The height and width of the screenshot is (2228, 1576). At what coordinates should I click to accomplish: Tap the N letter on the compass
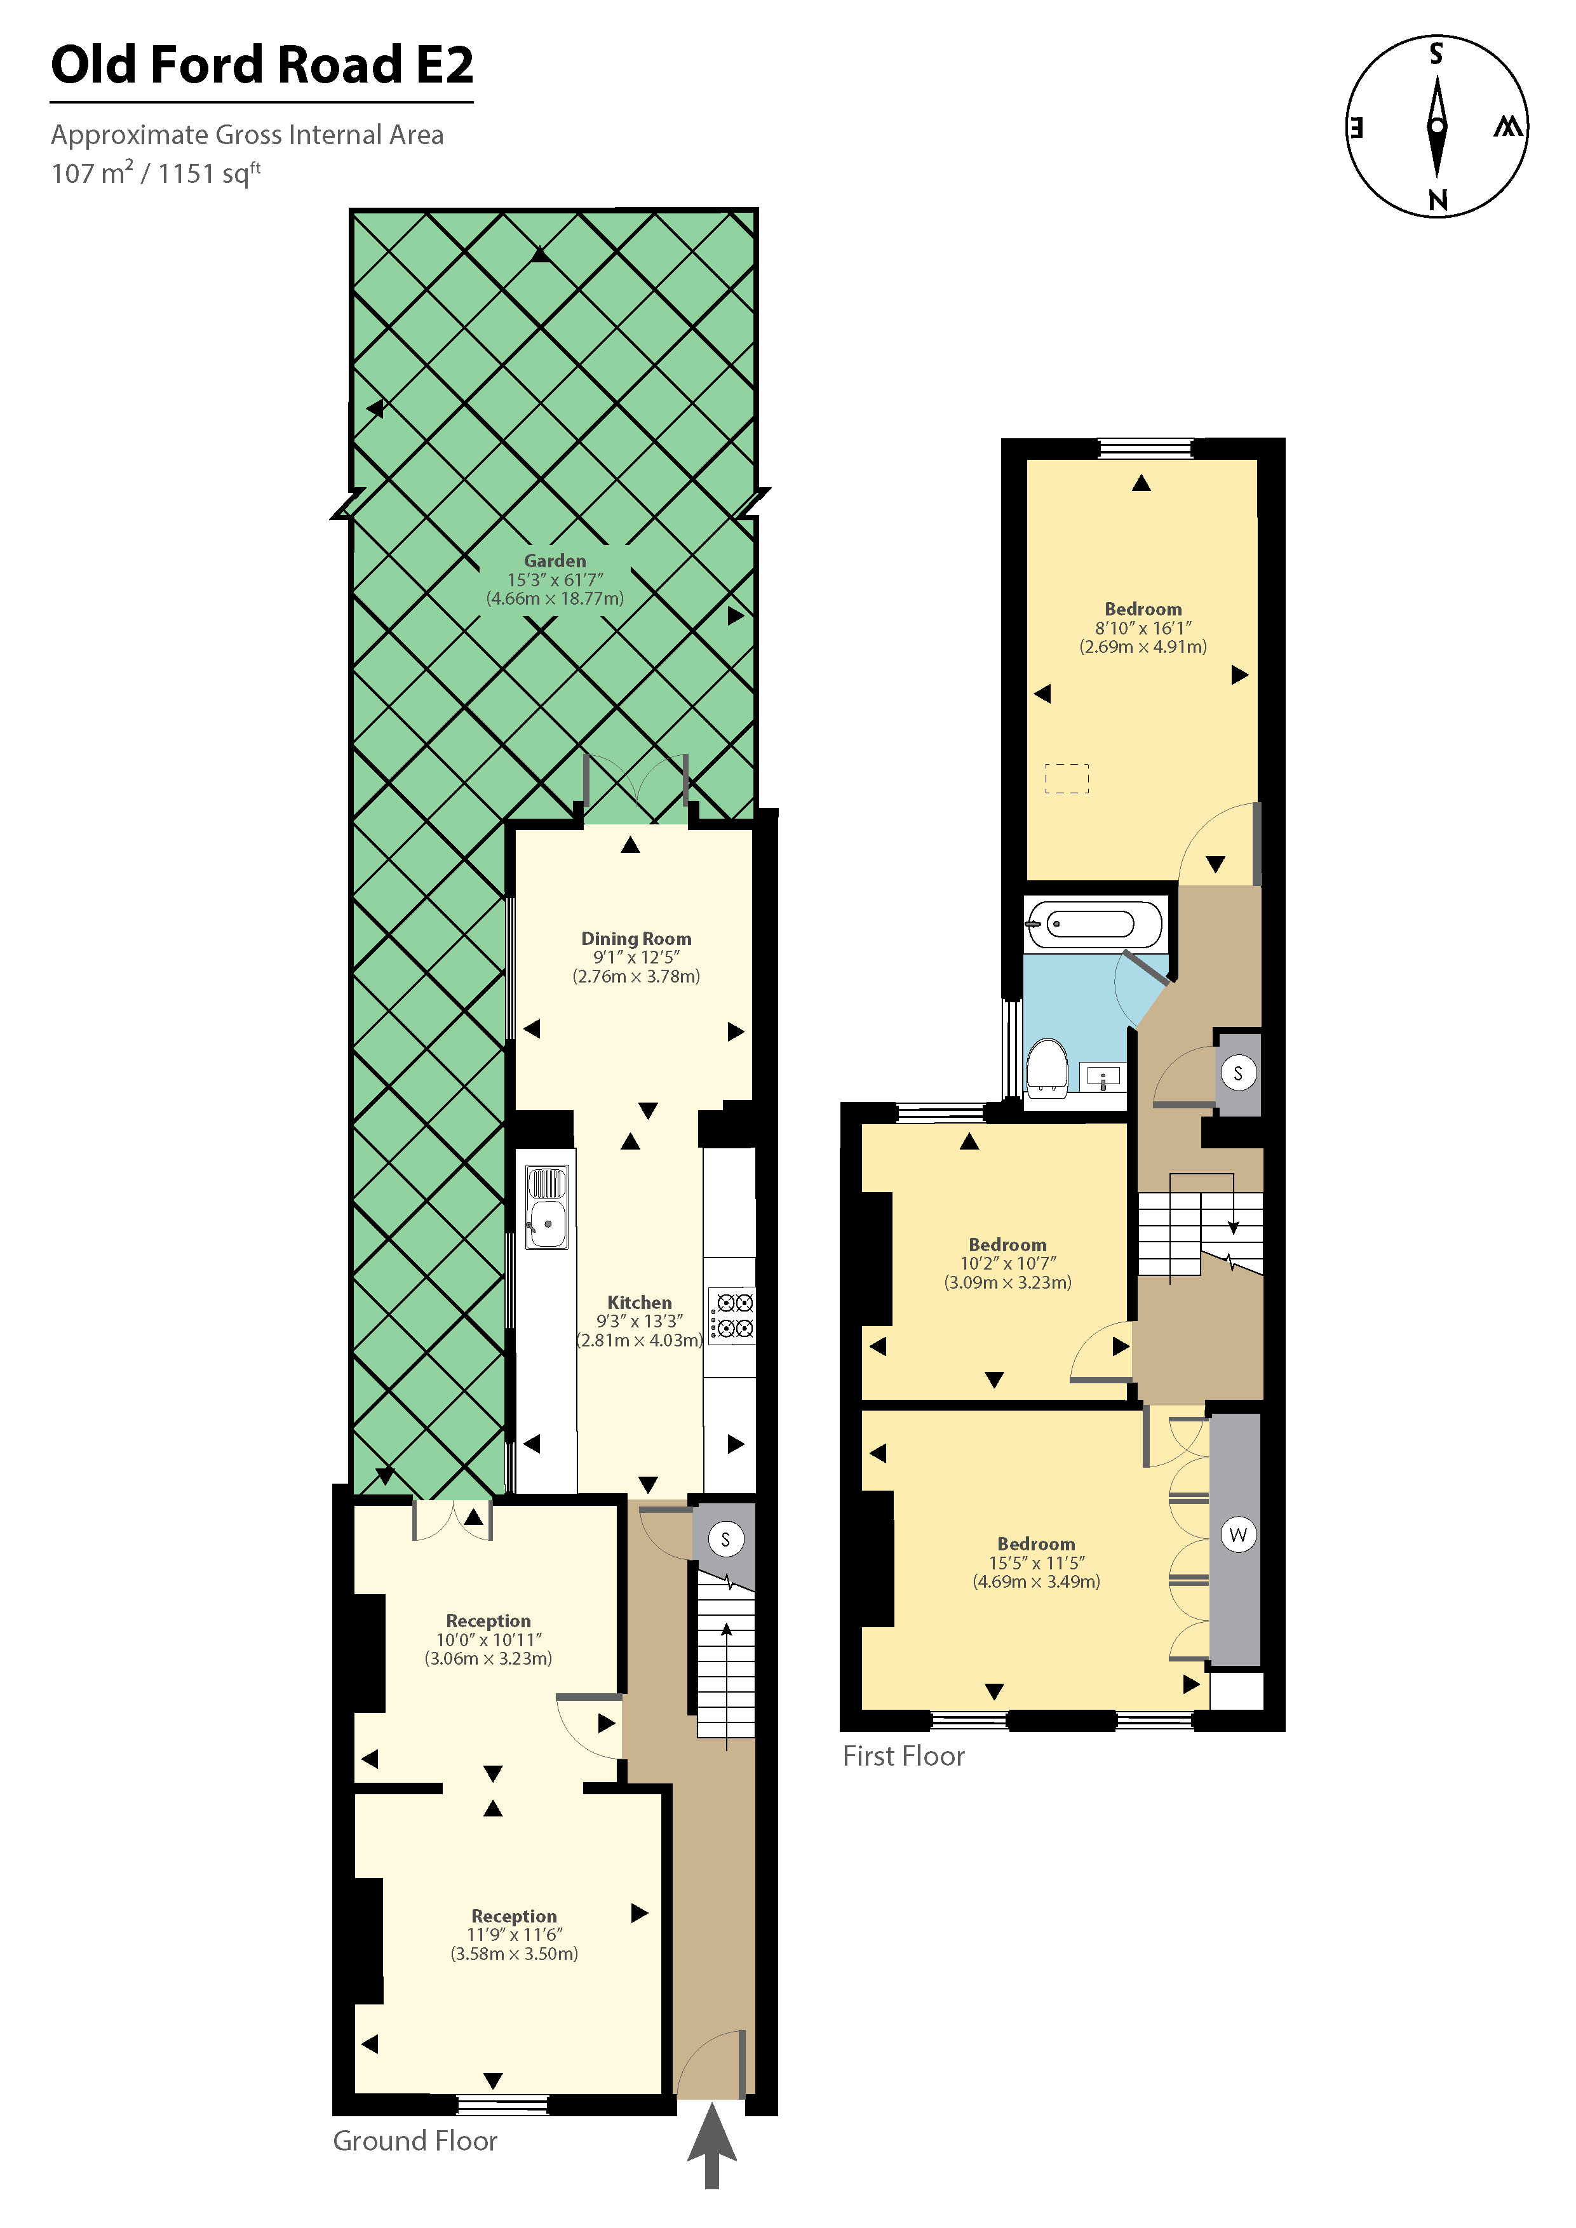pos(1438,200)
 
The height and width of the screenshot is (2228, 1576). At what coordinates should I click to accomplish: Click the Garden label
pos(555,561)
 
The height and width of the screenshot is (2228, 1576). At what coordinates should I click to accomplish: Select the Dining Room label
pos(636,938)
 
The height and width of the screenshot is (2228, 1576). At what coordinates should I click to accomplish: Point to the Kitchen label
pos(640,1302)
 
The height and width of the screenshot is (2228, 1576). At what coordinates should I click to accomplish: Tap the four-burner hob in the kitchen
pos(732,1316)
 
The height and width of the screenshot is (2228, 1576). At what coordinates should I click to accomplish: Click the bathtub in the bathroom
pos(1094,923)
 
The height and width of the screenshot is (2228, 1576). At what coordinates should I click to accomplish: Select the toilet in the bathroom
pos(1047,1066)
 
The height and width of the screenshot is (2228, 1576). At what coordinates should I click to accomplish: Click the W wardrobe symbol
pos(1238,1534)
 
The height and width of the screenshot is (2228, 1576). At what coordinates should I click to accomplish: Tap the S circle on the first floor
pos(1238,1073)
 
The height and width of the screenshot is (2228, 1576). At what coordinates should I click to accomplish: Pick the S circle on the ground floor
pos(725,1539)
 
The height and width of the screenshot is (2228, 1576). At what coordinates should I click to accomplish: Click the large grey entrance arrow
pos(712,2145)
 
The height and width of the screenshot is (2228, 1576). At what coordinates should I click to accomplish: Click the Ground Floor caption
pos(415,2140)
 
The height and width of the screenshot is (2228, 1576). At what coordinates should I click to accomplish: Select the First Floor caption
pos(903,1755)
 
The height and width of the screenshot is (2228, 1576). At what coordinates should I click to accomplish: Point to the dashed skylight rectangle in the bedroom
pos(1067,778)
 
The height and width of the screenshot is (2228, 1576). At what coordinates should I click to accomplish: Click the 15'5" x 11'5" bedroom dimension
pos(1037,1562)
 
